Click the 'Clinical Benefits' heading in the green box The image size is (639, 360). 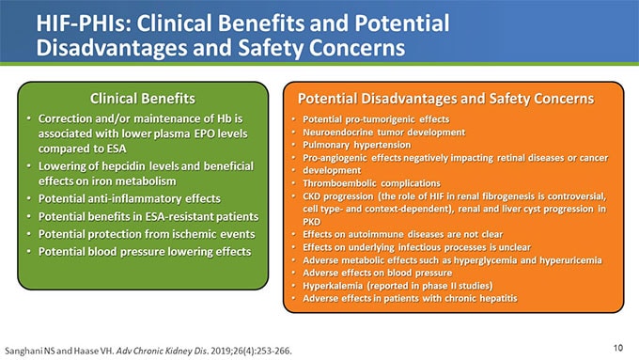142,97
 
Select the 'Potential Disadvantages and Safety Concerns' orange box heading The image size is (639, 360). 444,97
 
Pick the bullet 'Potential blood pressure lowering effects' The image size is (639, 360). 145,251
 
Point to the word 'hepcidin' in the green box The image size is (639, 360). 124,166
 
